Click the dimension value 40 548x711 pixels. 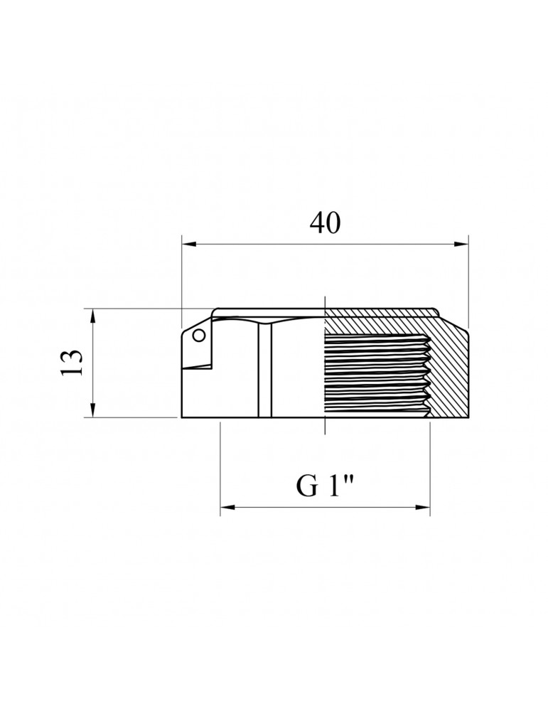point(325,223)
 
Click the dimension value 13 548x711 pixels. point(72,363)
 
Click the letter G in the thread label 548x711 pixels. point(307,486)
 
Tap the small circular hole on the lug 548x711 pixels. point(198,336)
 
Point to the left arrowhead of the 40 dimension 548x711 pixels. point(188,245)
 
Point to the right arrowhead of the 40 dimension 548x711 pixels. point(461,245)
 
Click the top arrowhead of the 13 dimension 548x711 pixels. point(93,316)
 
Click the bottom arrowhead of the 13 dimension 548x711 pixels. point(93,410)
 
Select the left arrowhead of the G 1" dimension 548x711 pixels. point(227,506)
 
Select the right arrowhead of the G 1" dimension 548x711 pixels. point(422,506)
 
